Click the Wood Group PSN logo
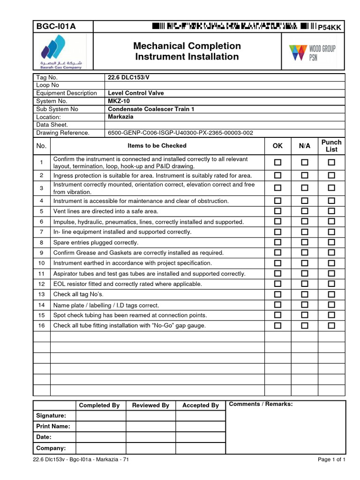pyautogui.click(x=312, y=52)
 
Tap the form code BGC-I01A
pyautogui.click(x=56, y=26)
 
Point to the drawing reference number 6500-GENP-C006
pyautogui.click(x=180, y=133)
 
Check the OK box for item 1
pyautogui.click(x=278, y=163)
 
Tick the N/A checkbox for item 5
pyautogui.click(x=305, y=211)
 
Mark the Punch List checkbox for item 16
pyautogui.click(x=331, y=325)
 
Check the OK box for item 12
pyautogui.click(x=278, y=284)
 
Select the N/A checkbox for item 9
pyautogui.click(x=305, y=252)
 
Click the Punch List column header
pyautogui.click(x=331, y=146)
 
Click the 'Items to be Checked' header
pyautogui.click(x=157, y=146)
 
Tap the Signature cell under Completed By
pyautogui.click(x=101, y=416)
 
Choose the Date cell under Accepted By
pyautogui.click(x=201, y=437)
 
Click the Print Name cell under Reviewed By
pyautogui.click(x=150, y=426)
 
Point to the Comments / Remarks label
pyautogui.click(x=261, y=404)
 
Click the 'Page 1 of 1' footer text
pyautogui.click(x=331, y=459)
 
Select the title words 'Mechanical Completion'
pyautogui.click(x=187, y=46)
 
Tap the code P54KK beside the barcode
pyautogui.click(x=330, y=28)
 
